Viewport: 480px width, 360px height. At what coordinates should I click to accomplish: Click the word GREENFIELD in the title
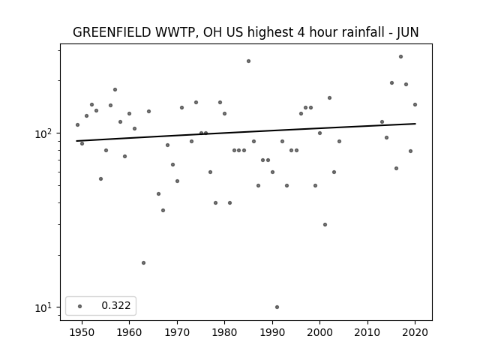tap(112, 32)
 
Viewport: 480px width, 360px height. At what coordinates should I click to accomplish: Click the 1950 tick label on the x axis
tap(82, 332)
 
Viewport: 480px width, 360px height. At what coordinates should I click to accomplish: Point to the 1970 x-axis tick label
tap(177, 332)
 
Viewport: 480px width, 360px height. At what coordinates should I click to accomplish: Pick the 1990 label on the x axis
tap(272, 332)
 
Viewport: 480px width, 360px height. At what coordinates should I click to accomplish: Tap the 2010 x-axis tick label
tap(367, 332)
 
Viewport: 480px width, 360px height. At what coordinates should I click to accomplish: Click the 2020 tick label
tap(415, 332)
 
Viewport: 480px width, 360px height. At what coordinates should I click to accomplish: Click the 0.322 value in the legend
tap(116, 305)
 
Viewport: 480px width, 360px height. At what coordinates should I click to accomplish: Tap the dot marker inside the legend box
tap(79, 306)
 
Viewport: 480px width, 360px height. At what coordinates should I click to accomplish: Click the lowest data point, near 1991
tap(277, 307)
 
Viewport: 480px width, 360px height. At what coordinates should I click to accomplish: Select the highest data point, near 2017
tap(400, 57)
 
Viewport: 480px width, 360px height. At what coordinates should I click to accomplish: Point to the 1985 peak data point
tap(248, 61)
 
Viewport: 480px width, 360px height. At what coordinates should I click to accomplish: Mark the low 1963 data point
tap(143, 263)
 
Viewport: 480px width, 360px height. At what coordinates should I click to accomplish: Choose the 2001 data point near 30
tap(325, 225)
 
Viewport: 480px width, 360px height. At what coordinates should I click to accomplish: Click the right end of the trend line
tap(415, 124)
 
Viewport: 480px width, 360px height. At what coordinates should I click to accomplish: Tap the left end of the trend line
tap(76, 141)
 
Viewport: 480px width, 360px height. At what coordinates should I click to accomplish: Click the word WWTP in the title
tap(174, 32)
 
